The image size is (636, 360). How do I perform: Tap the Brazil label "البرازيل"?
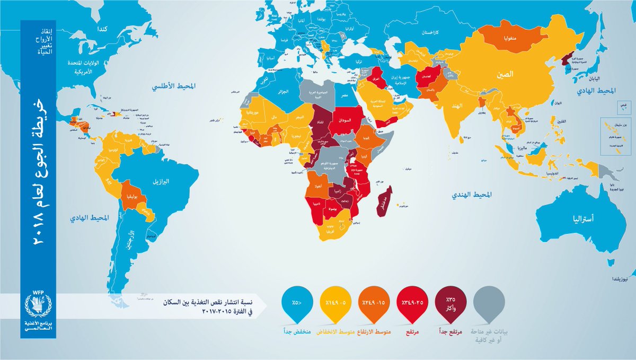pos(160,182)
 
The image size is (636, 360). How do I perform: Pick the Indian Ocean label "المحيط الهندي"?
pos(468,195)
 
